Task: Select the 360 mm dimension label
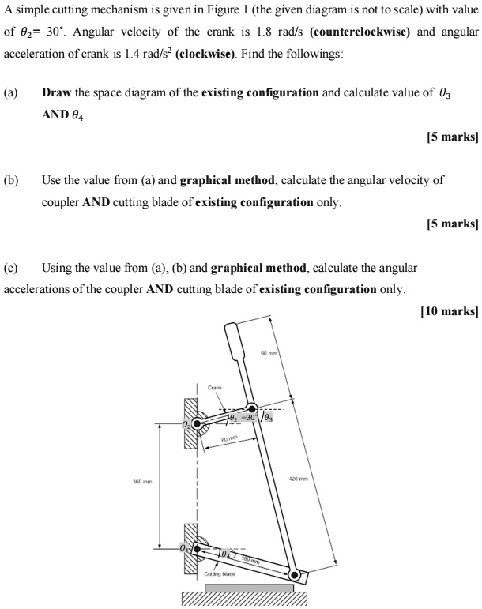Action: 143,479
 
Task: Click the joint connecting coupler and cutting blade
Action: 294,575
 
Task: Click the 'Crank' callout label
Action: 216,387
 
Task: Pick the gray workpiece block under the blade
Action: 250,588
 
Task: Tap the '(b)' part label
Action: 11,180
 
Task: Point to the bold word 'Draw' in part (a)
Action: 57,92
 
